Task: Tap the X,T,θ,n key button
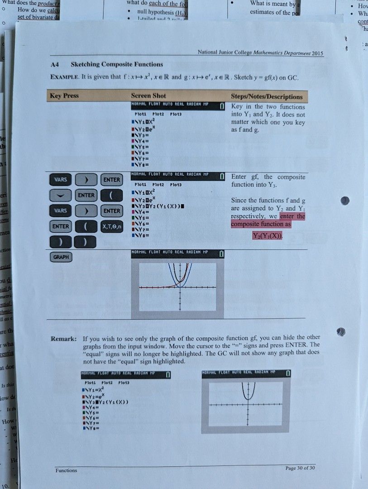[111, 226]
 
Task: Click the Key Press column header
[64, 96]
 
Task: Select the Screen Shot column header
[148, 96]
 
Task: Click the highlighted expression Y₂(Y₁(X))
[267, 236]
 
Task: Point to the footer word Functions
[66, 470]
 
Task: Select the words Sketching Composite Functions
[117, 64]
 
